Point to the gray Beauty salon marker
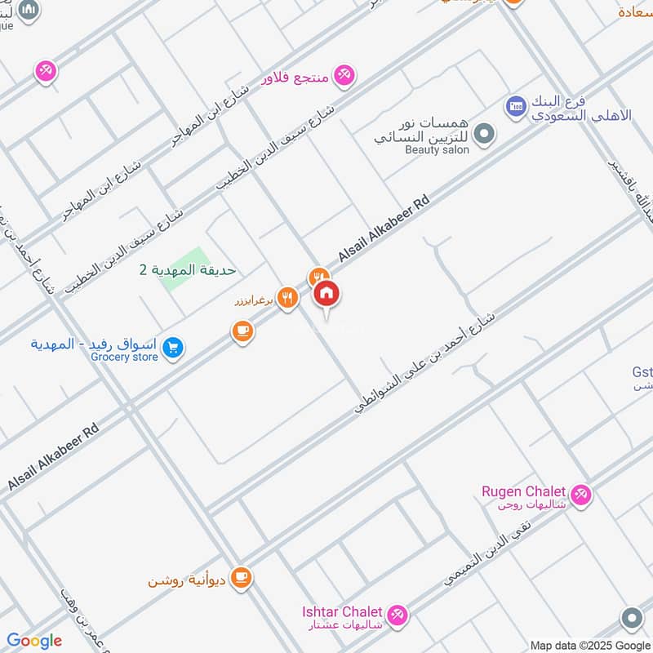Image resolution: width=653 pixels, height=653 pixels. (484, 133)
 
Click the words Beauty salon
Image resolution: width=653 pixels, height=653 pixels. (437, 150)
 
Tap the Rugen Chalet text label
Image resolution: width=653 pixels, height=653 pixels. (523, 491)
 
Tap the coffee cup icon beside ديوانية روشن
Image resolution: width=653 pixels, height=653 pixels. (241, 578)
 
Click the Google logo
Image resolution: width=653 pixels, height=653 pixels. (34, 641)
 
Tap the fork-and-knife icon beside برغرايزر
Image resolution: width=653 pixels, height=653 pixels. (286, 298)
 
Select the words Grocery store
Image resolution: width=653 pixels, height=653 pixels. (124, 357)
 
